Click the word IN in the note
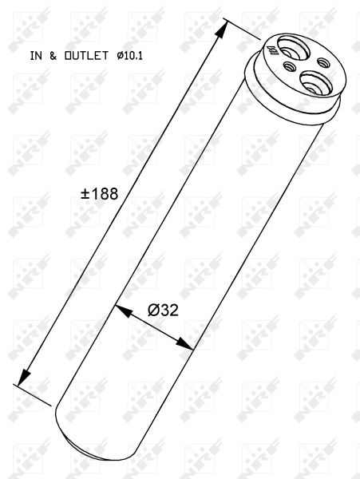[36, 56]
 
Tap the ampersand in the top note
[53, 56]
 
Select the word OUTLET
[86, 56]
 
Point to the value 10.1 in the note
[133, 56]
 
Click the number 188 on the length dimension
[105, 194]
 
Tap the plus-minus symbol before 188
[85, 194]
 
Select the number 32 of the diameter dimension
[169, 311]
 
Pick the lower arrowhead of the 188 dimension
[24, 377]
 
